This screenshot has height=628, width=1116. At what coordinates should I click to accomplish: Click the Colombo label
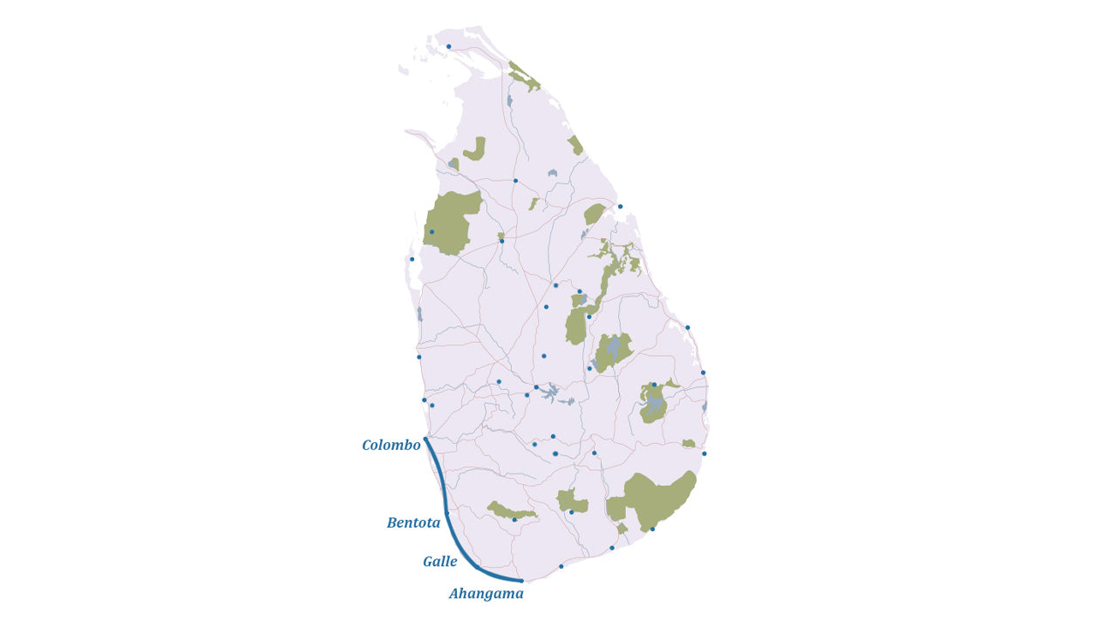pyautogui.click(x=391, y=446)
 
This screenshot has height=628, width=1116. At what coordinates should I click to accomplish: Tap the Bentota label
pyautogui.click(x=413, y=523)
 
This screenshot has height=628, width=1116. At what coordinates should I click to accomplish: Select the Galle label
pyautogui.click(x=439, y=562)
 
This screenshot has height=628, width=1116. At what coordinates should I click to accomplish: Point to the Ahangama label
pyautogui.click(x=486, y=594)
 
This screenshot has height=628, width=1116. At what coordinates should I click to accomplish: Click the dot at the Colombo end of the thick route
pyautogui.click(x=425, y=439)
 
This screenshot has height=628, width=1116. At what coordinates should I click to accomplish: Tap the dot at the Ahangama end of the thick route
pyautogui.click(x=521, y=581)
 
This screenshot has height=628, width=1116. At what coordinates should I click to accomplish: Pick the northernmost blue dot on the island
pyautogui.click(x=449, y=47)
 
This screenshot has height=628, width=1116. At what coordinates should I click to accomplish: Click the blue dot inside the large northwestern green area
pyautogui.click(x=432, y=232)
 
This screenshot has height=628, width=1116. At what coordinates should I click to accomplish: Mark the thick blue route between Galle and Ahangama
pyautogui.click(x=497, y=576)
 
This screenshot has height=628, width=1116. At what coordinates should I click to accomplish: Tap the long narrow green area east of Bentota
pyautogui.click(x=511, y=511)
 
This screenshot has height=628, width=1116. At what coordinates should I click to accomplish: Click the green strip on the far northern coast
pyautogui.click(x=524, y=77)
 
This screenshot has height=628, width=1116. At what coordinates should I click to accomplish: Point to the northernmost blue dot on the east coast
pyautogui.click(x=620, y=207)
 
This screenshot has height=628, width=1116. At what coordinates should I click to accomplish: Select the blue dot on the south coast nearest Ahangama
pyautogui.click(x=561, y=567)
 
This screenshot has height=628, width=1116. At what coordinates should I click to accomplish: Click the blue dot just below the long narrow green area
pyautogui.click(x=514, y=521)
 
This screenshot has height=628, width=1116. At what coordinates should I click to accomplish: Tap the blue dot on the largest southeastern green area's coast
pyautogui.click(x=652, y=529)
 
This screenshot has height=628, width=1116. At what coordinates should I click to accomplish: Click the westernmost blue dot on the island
pyautogui.click(x=412, y=259)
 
